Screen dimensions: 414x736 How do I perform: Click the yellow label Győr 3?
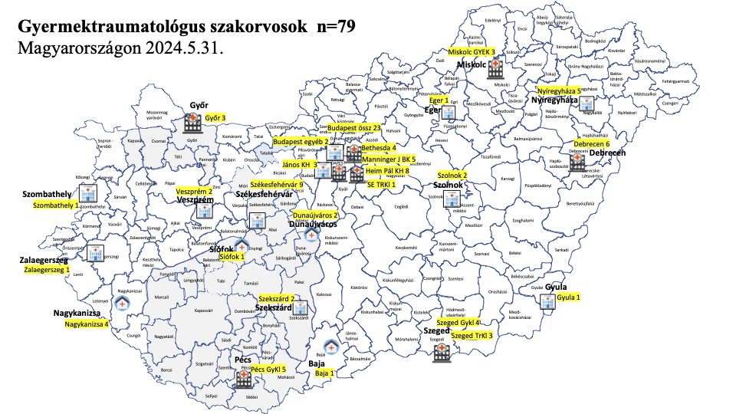tap(215, 118)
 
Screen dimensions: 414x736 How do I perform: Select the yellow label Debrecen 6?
tap(592, 144)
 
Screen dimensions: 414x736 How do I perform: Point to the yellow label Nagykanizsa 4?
tap(87, 324)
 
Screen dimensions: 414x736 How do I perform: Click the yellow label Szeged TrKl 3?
tap(472, 335)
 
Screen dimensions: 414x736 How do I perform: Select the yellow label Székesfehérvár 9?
tap(276, 185)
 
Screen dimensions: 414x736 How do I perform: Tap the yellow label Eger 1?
tap(439, 100)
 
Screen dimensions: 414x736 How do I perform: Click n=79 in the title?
tap(335, 27)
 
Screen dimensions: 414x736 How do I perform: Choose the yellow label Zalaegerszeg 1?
tap(46, 270)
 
